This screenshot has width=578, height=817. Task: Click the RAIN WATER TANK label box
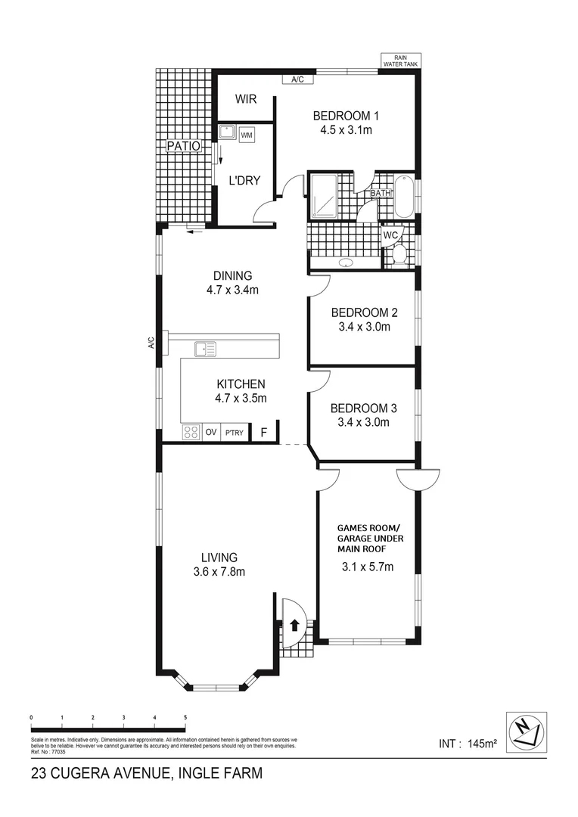click(x=401, y=61)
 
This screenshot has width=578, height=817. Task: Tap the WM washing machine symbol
click(x=247, y=135)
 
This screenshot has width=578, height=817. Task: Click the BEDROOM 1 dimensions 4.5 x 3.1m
click(x=346, y=130)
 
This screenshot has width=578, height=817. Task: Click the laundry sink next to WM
click(x=226, y=132)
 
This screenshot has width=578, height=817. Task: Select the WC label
click(x=391, y=235)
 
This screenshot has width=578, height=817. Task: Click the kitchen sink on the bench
click(x=205, y=349)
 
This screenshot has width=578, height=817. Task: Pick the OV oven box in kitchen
click(x=211, y=433)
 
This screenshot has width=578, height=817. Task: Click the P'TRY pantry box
click(x=235, y=433)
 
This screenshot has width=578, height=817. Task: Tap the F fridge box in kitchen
click(x=263, y=433)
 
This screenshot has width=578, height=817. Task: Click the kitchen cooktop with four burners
click(x=191, y=433)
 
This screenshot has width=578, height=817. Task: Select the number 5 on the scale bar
click(x=185, y=717)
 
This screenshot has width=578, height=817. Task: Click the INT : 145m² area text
click(x=468, y=744)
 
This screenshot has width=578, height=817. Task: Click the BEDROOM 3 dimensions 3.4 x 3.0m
click(x=363, y=422)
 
